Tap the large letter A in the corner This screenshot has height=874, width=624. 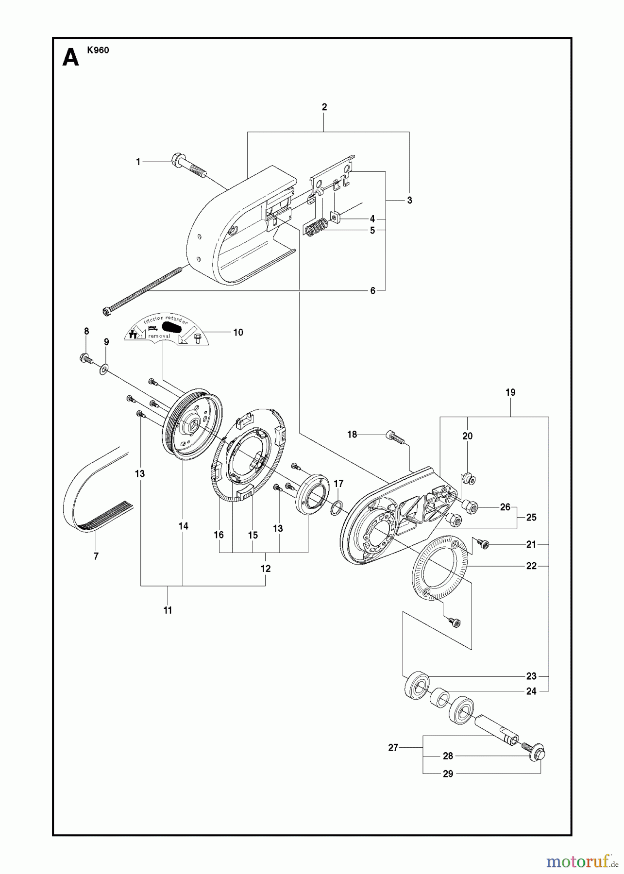[71, 58]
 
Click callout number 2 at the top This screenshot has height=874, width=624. [324, 107]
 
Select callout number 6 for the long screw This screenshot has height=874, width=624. [373, 291]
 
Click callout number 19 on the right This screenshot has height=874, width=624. [510, 392]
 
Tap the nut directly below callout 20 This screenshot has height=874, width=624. [469, 478]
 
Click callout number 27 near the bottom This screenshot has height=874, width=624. [393, 748]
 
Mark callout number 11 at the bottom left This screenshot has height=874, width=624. [168, 610]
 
